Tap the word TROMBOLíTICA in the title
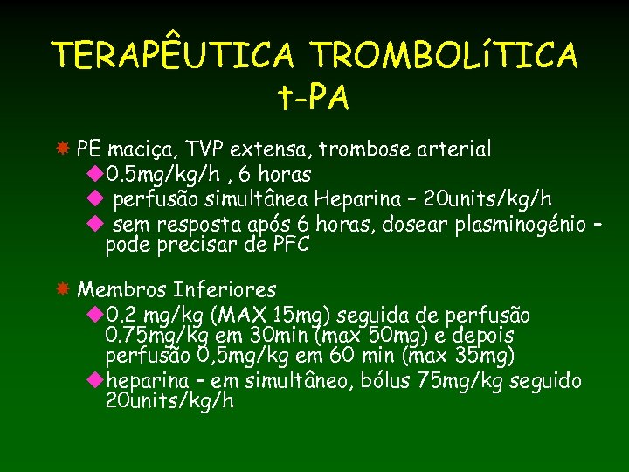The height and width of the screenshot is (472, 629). (x=444, y=56)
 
